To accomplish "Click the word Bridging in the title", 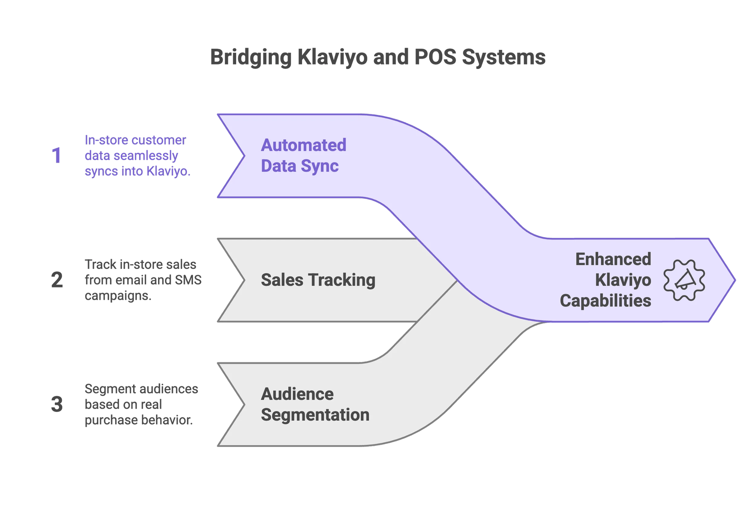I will [x=251, y=57].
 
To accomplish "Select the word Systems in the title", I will [x=504, y=57].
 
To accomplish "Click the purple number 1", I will [x=57, y=155].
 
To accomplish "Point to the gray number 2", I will [x=57, y=280].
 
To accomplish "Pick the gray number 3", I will [x=57, y=404].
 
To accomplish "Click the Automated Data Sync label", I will [x=303, y=155].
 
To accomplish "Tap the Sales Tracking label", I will [x=318, y=280].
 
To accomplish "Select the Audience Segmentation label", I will [x=314, y=404].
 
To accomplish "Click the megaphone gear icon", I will [x=684, y=280].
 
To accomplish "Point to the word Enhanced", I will [x=613, y=259].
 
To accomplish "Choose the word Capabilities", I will [x=605, y=301].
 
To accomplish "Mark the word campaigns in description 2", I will [x=118, y=296].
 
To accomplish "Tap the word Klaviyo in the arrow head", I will [x=623, y=280].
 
